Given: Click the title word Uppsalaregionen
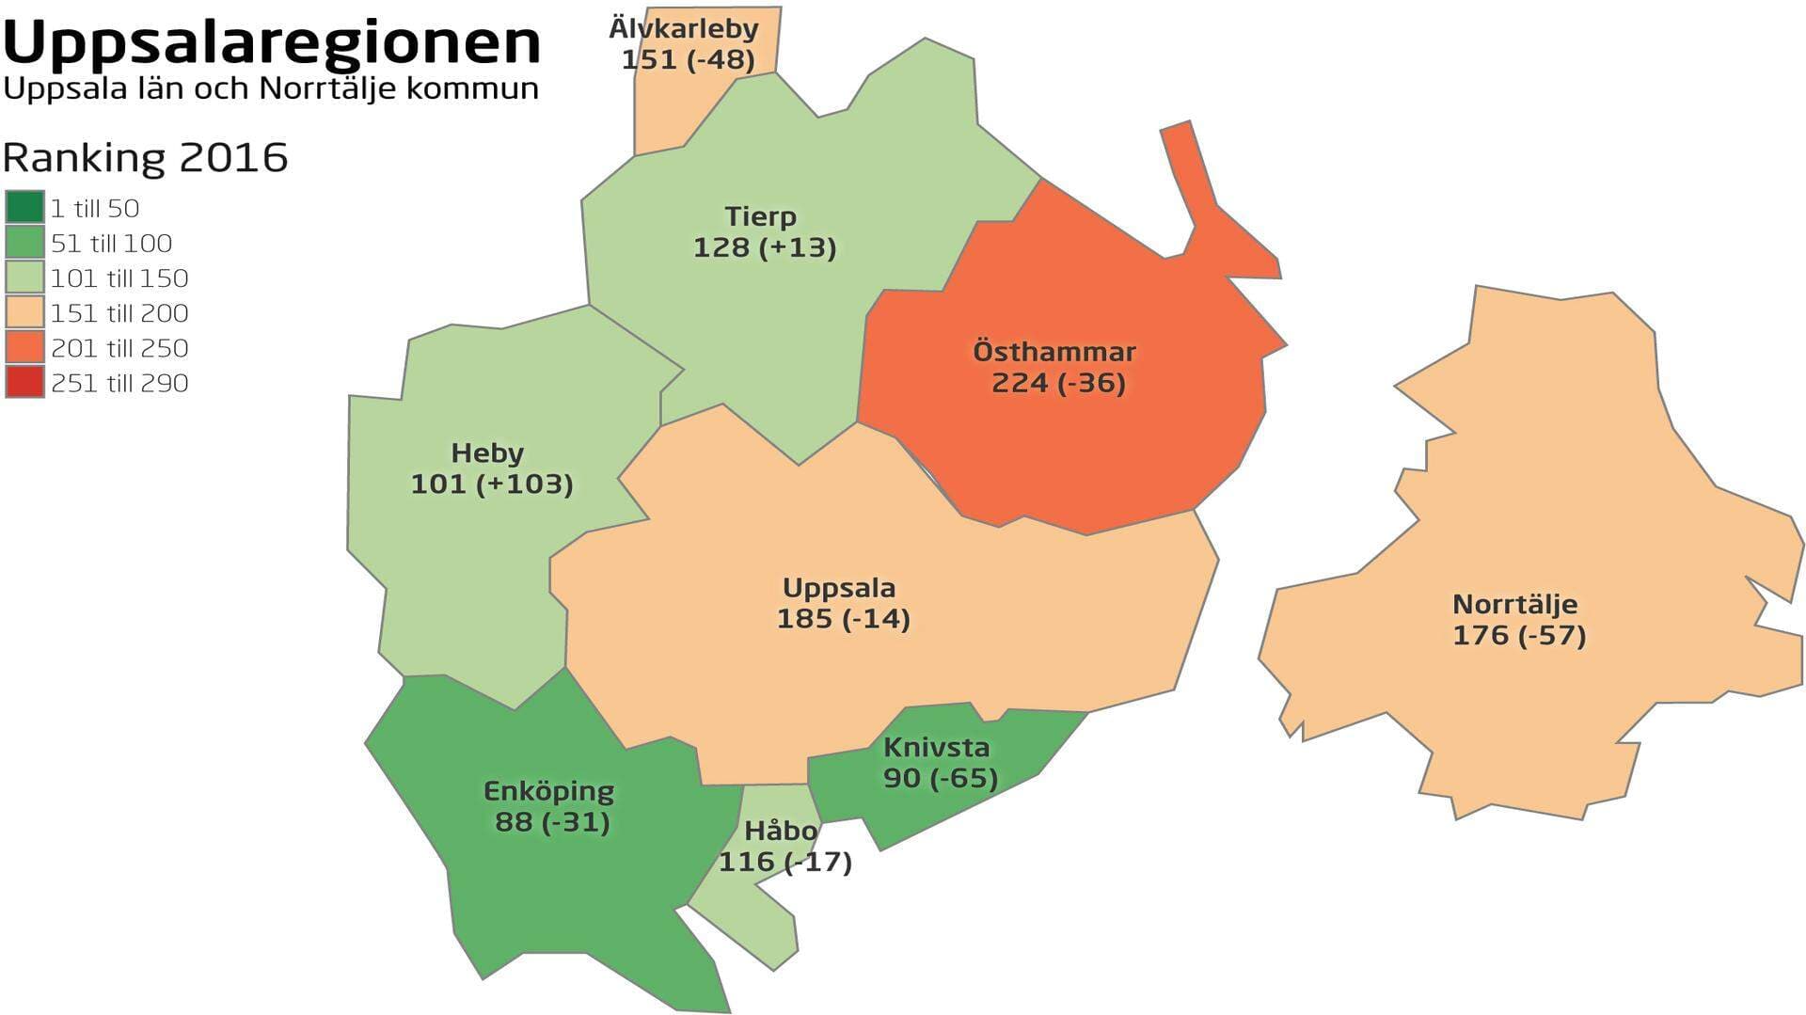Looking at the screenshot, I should click(272, 41).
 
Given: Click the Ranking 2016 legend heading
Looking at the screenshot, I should click(145, 158).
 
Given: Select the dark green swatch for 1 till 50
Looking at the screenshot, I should click(24, 207).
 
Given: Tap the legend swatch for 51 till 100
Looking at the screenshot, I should click(24, 243).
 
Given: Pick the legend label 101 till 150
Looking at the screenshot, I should click(119, 278).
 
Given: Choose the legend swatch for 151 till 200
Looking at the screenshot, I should click(24, 312).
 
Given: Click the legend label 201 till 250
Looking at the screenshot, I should click(119, 348).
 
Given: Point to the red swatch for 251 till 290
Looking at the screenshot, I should click(24, 382).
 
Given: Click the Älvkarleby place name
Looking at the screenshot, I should click(684, 28).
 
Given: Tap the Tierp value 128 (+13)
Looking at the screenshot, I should click(765, 247).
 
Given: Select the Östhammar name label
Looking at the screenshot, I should click(1054, 352).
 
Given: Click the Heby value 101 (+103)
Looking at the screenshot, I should click(492, 484).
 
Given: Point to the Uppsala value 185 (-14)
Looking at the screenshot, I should click(844, 618).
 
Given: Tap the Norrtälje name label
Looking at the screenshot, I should click(1514, 604).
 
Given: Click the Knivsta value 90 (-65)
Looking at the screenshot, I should click(941, 778).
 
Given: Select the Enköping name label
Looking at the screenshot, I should click(548, 791).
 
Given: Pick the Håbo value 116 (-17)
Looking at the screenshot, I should click(785, 862).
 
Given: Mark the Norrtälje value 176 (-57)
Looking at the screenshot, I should click(1519, 635).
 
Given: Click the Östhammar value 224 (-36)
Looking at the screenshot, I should click(1058, 383).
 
